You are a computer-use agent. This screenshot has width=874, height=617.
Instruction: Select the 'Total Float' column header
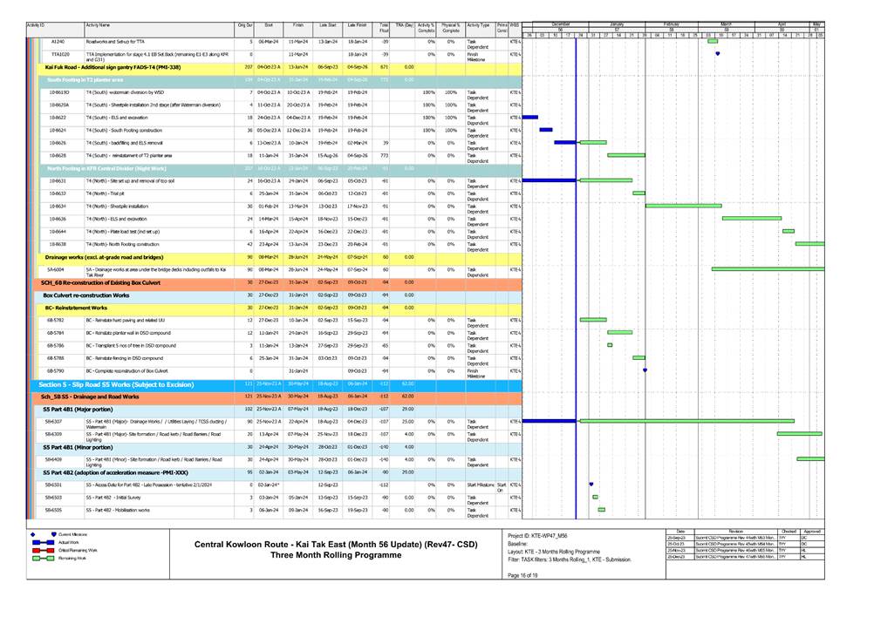click(385, 27)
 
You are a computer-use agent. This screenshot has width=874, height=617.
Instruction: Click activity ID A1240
click(58, 41)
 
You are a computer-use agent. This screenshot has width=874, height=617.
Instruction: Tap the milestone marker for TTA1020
click(717, 53)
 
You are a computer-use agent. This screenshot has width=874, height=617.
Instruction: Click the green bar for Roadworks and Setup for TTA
click(713, 41)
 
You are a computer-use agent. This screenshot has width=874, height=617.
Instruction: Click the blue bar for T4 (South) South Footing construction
click(546, 130)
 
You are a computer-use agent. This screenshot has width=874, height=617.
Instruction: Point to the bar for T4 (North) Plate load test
click(789, 231)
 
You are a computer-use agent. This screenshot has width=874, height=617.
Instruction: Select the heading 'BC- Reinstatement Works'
click(76, 308)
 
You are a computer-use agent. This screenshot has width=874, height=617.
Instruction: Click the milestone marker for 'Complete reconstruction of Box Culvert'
click(645, 370)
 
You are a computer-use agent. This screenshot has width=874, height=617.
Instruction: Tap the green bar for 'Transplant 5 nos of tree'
click(610, 345)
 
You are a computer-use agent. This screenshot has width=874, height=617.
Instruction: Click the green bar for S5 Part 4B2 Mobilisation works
click(601, 509)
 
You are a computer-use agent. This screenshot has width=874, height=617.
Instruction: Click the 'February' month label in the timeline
click(672, 23)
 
